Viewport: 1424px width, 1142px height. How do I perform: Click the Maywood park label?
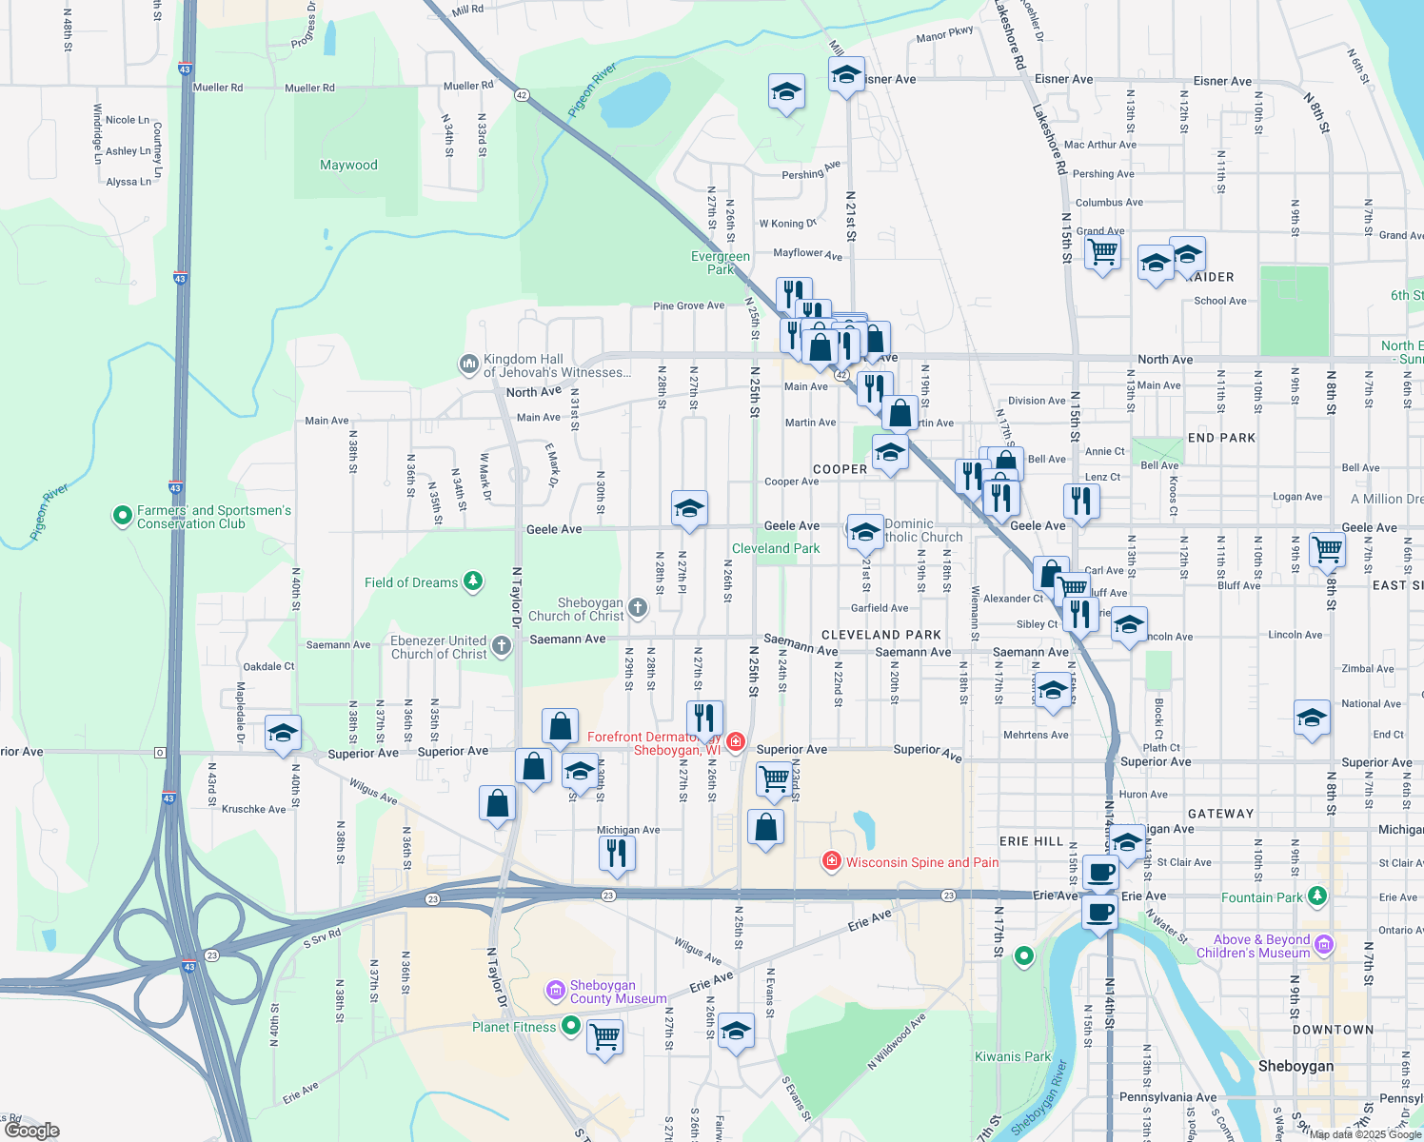point(348,166)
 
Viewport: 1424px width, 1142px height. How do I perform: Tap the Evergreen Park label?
point(721,263)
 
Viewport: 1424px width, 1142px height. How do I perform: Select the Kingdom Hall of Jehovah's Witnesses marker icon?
point(468,364)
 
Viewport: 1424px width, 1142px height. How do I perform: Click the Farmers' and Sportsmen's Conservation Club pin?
point(122,516)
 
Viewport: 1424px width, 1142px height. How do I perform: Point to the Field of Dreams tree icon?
point(473,581)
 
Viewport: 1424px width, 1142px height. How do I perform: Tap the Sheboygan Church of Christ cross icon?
point(638,607)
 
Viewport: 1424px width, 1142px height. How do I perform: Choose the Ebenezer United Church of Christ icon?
point(502,646)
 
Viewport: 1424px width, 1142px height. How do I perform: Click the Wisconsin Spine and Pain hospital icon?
point(832,861)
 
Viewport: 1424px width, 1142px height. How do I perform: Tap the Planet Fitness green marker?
point(571,1026)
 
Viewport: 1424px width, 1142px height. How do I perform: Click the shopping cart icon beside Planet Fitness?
point(605,1035)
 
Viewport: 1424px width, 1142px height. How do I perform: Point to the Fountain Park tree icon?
point(1317,896)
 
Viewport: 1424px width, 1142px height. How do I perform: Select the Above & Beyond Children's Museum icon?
point(1324,945)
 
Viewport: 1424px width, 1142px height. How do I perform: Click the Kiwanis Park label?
point(1013,1056)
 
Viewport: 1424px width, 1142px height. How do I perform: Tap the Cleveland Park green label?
point(776,549)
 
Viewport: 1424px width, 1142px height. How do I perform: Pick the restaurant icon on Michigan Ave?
point(617,853)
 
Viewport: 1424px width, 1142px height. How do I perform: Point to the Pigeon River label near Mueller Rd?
point(592,90)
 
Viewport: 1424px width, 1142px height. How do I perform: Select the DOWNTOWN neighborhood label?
point(1333,1030)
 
